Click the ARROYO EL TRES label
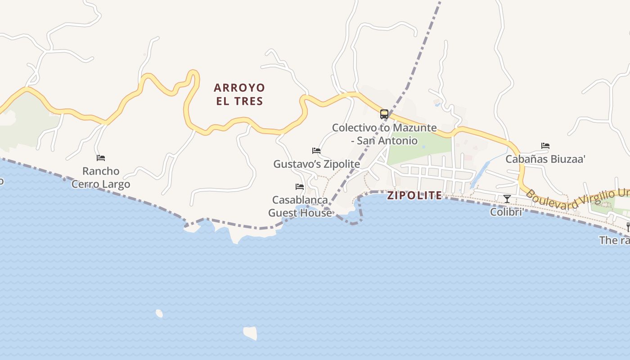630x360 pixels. click(239, 94)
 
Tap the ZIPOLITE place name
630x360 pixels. click(414, 195)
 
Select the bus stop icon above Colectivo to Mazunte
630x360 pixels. click(384, 114)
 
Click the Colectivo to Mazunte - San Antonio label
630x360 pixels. click(384, 134)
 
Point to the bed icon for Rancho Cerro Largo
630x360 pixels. click(101, 158)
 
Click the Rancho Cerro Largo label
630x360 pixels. click(101, 178)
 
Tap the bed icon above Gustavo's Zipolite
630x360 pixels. click(316, 151)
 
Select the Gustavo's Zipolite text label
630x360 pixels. click(317, 164)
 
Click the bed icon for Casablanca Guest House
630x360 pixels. click(300, 186)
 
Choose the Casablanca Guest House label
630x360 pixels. click(300, 206)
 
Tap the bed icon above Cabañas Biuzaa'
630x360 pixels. click(545, 146)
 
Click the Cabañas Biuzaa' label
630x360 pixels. click(545, 159)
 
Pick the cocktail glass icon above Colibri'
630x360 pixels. click(507, 198)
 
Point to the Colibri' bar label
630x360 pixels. click(506, 211)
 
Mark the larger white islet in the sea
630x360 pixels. click(251, 333)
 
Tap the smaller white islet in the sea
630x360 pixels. click(159, 313)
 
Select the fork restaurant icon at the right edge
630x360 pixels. click(628, 227)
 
